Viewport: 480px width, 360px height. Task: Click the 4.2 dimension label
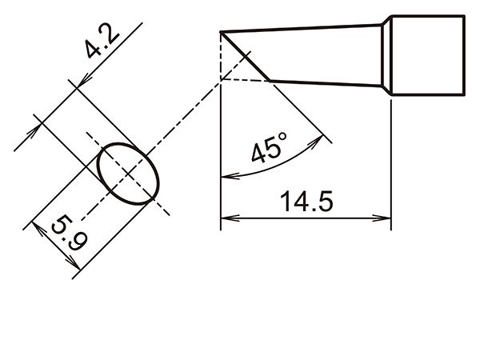(x=102, y=43)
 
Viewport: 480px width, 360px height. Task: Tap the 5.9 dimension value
(x=69, y=234)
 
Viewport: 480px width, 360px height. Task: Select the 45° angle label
(x=270, y=147)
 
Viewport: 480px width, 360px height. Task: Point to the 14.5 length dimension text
(x=306, y=202)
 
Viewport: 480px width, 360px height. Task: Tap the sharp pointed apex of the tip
(x=221, y=32)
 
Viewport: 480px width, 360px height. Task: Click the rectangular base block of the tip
(x=428, y=55)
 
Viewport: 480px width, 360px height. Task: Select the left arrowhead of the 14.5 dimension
(x=230, y=218)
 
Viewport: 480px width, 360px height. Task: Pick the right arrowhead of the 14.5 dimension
(x=382, y=218)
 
